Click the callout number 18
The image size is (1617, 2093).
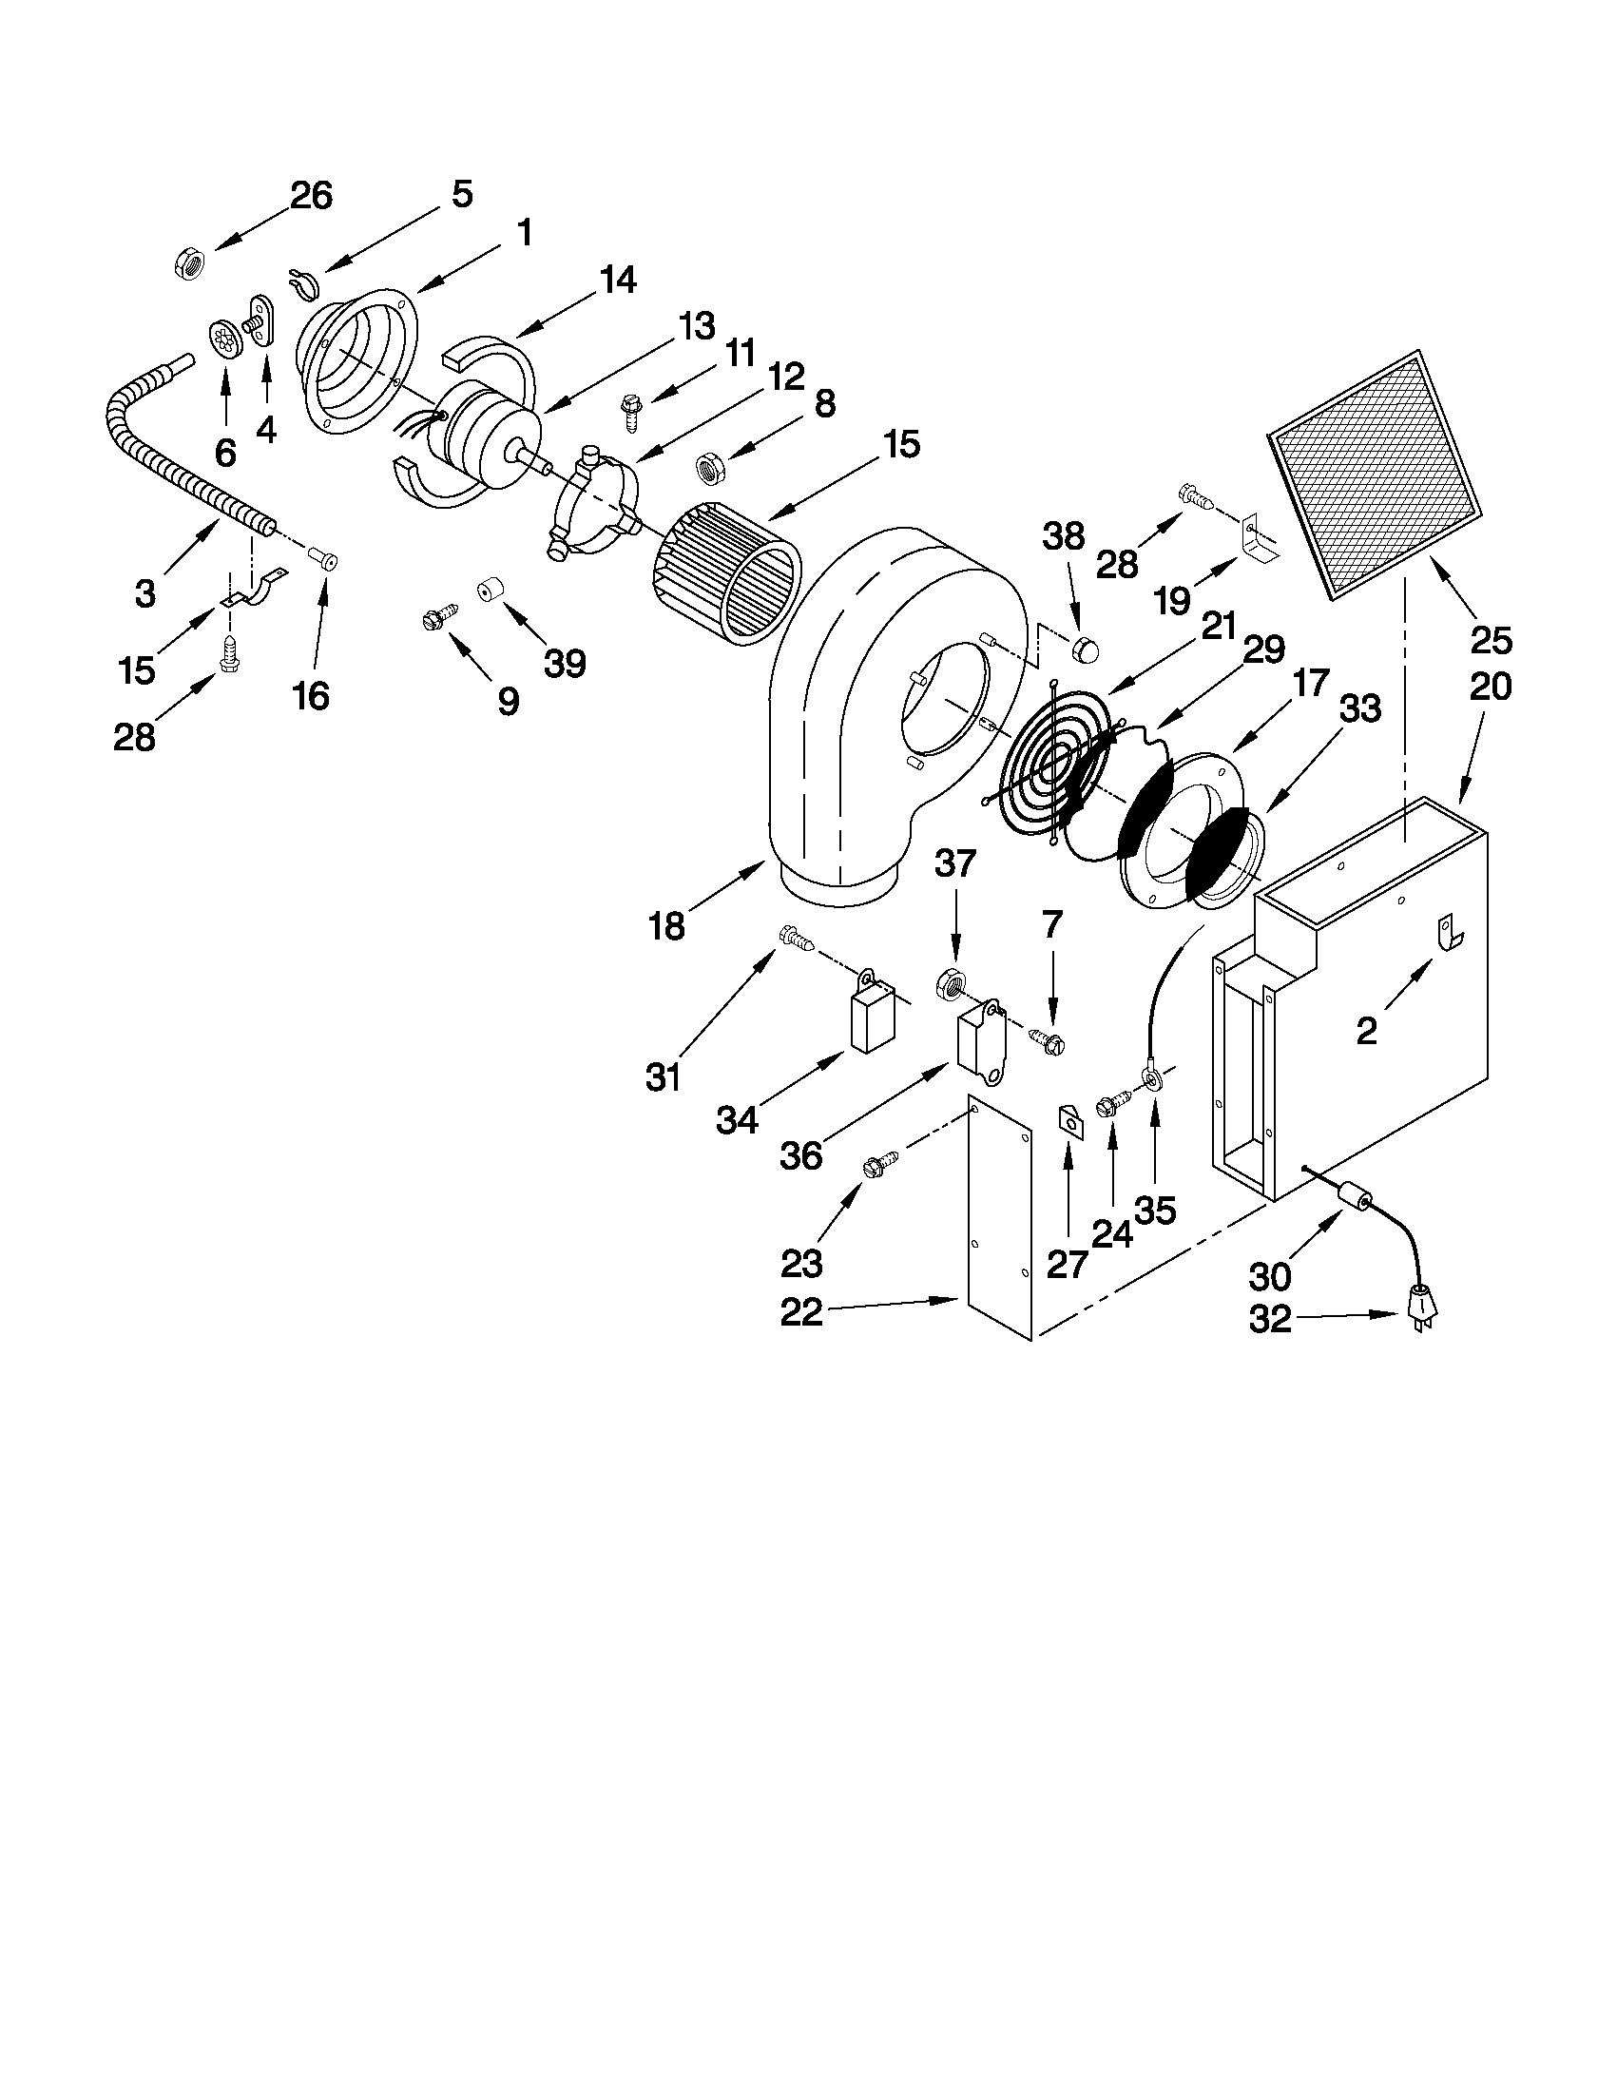tap(666, 926)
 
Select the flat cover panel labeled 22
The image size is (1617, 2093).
tap(999, 1217)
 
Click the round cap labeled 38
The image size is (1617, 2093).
tap(1084, 649)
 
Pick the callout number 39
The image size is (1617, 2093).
tap(565, 662)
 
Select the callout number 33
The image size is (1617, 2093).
tap(1360, 709)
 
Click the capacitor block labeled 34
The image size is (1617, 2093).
tap(870, 1019)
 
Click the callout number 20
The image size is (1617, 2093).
tap(1490, 687)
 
